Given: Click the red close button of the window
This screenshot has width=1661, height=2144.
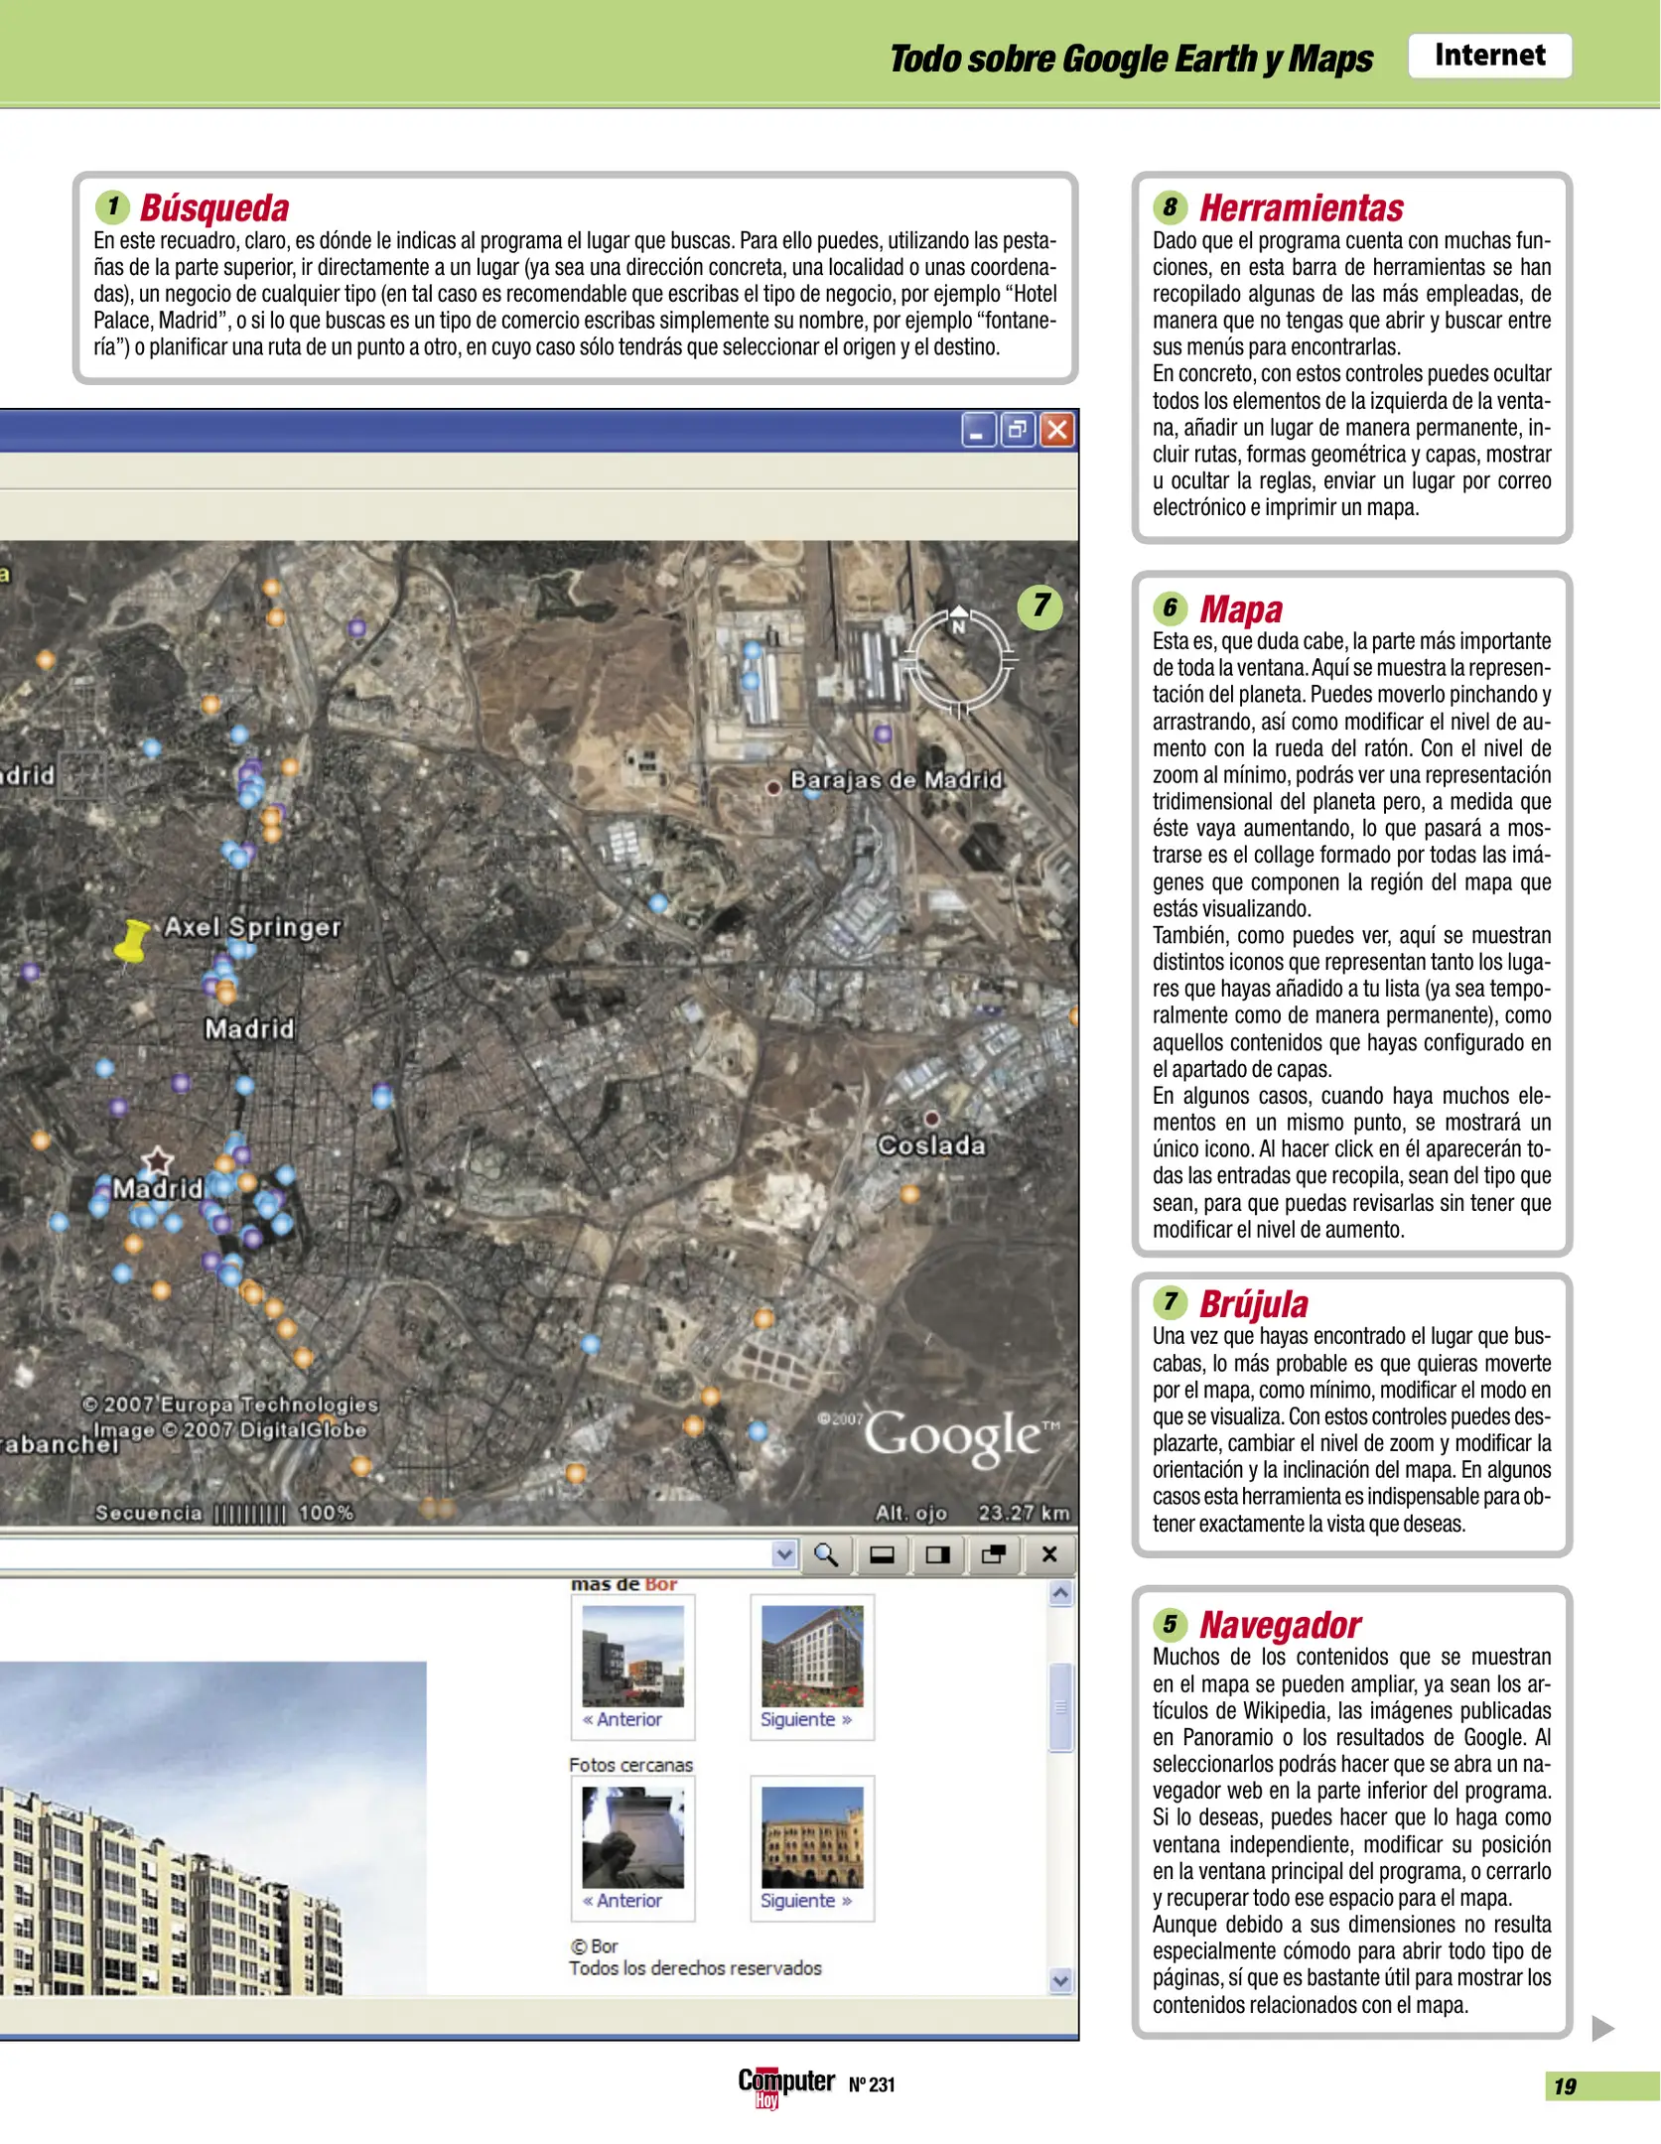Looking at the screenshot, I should tap(1057, 430).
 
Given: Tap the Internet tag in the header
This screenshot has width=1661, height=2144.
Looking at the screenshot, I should tap(1488, 56).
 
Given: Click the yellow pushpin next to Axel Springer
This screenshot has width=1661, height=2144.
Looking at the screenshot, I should tap(130, 940).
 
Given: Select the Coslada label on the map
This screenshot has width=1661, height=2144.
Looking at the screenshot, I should tap(931, 1145).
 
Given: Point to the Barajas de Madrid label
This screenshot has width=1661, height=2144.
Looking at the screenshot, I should tap(896, 780).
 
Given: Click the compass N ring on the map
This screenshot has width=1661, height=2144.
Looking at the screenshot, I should tap(960, 658).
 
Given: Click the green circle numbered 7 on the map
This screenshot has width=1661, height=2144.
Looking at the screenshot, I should tap(1039, 605).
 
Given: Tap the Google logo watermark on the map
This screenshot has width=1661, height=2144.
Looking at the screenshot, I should tap(952, 1435).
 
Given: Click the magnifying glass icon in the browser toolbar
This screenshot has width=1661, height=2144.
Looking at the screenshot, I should tap(825, 1554).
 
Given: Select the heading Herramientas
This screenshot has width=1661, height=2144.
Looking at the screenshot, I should tap(1301, 208).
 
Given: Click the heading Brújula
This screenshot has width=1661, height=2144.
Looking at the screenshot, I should tap(1253, 1303).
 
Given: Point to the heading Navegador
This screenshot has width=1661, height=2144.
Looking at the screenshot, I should tap(1279, 1625).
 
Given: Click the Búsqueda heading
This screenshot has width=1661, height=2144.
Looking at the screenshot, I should tap(214, 208).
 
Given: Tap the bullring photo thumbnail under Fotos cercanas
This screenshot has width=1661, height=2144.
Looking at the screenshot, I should tap(811, 1837).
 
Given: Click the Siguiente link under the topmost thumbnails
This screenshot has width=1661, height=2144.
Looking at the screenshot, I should tap(805, 1720).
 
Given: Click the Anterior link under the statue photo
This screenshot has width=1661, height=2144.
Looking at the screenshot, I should tap(623, 1901).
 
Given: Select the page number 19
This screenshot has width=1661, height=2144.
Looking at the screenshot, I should tap(1565, 2086).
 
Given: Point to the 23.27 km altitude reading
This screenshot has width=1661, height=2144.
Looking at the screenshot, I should tap(1023, 1513).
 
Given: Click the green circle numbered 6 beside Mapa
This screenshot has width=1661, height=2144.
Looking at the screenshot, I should tap(1170, 607).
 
